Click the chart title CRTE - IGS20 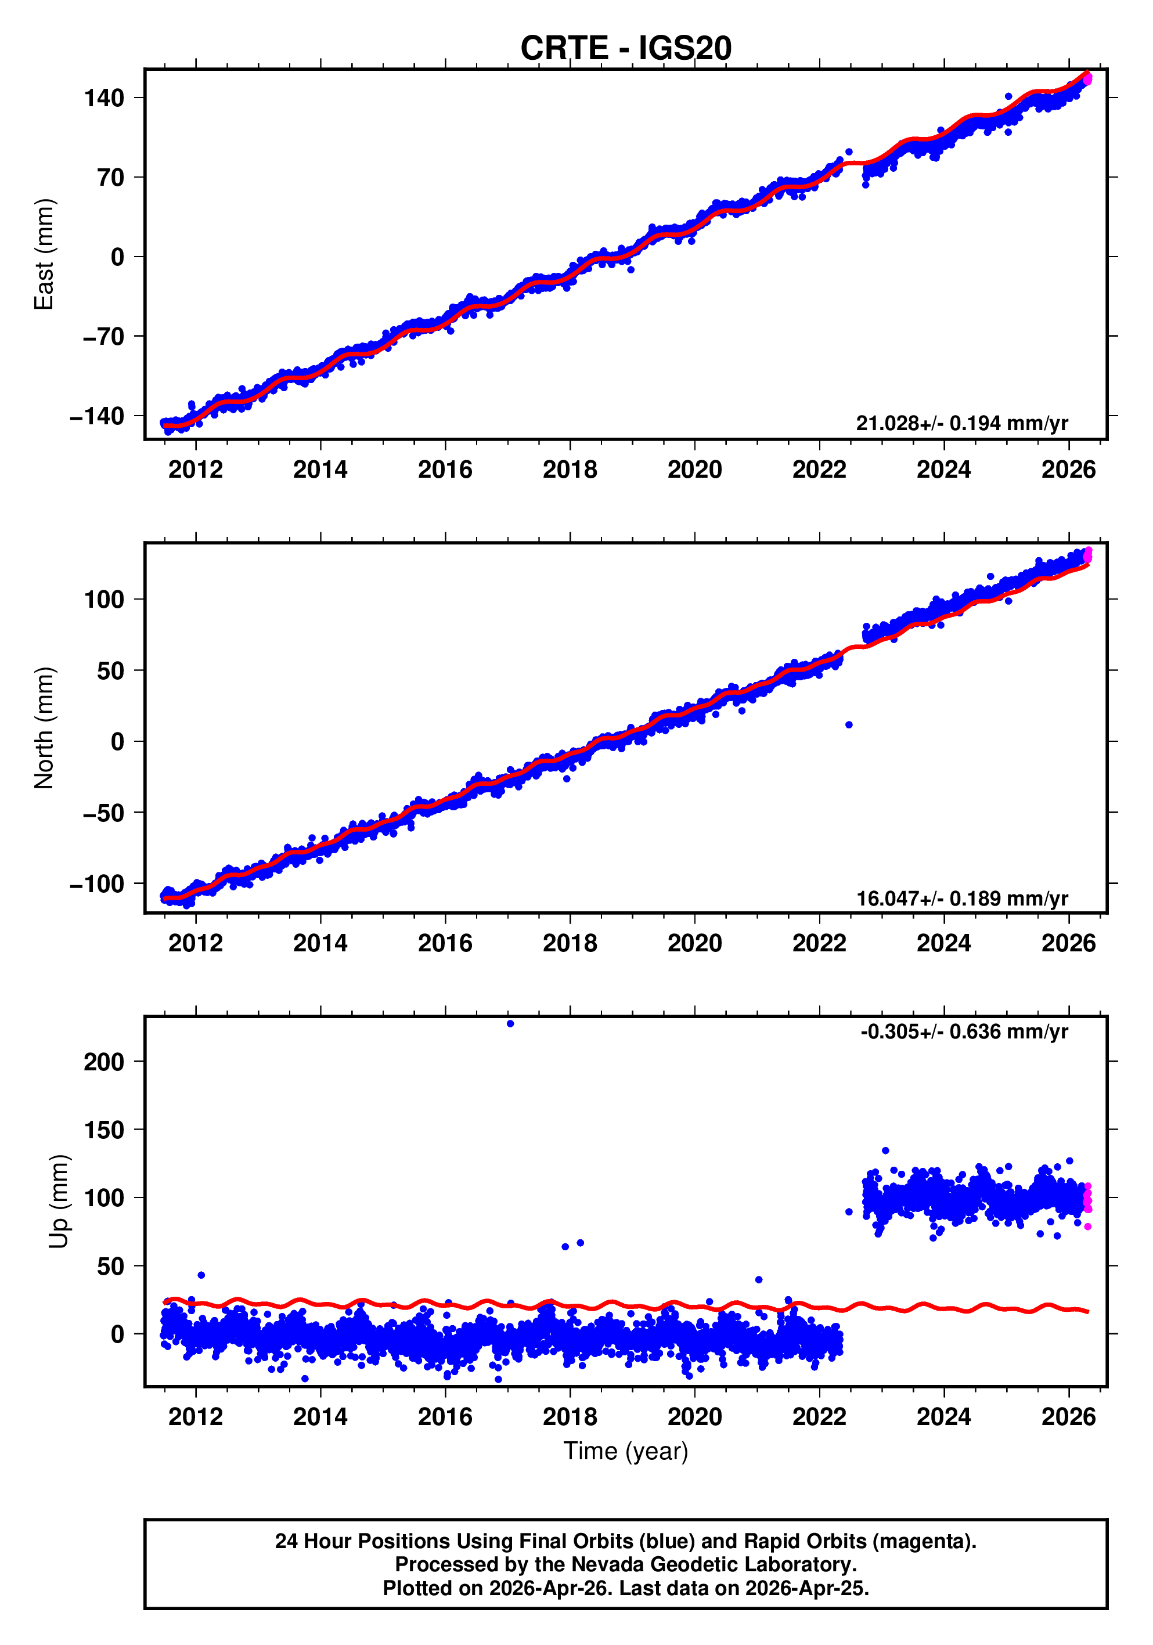click(626, 48)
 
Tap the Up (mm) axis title click(59, 1202)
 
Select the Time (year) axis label click(626, 1451)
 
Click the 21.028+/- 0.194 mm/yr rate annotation click(961, 423)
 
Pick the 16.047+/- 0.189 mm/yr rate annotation click(961, 899)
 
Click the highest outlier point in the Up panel click(510, 1024)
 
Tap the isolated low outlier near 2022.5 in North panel click(849, 725)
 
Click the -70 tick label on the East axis click(103, 336)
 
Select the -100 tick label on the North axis click(97, 884)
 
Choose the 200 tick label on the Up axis click(104, 1062)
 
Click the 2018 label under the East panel click(570, 470)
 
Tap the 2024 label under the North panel click(944, 944)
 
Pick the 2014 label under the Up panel click(320, 1417)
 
